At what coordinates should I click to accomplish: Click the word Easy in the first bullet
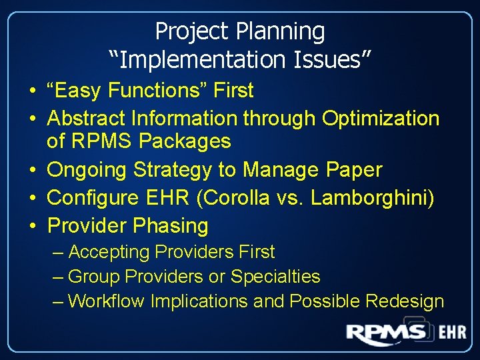point(80,90)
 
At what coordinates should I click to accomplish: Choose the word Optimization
point(381,119)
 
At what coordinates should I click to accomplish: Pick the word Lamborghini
point(384,198)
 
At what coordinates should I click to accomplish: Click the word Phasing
point(171,226)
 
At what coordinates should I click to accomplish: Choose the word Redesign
point(405,301)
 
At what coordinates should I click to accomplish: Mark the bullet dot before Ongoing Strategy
point(32,170)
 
